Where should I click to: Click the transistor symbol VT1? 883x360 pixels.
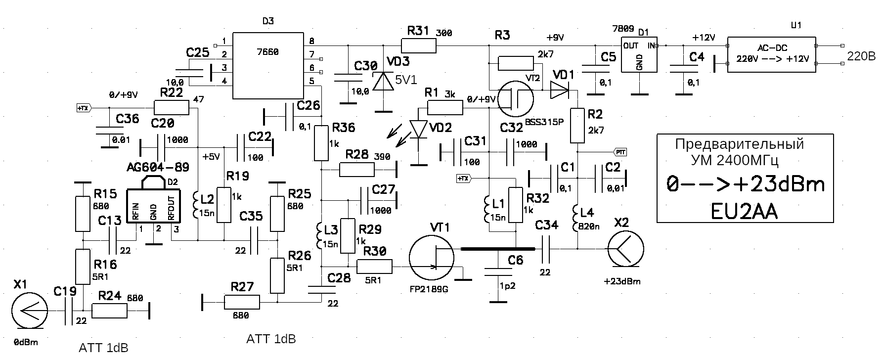point(432,258)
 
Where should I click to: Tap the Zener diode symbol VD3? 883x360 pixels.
point(384,81)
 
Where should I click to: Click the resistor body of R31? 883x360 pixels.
point(418,46)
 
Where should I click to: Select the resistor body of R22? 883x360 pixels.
point(171,107)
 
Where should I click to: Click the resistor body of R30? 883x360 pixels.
point(374,267)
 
